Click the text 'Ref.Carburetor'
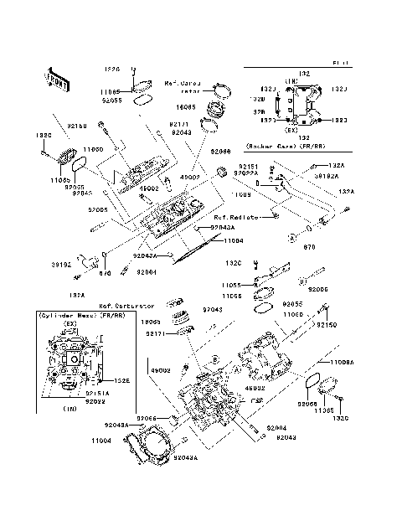click(x=122, y=306)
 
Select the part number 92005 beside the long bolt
click(x=318, y=287)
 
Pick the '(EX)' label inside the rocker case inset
click(x=293, y=131)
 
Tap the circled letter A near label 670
click(x=291, y=237)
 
